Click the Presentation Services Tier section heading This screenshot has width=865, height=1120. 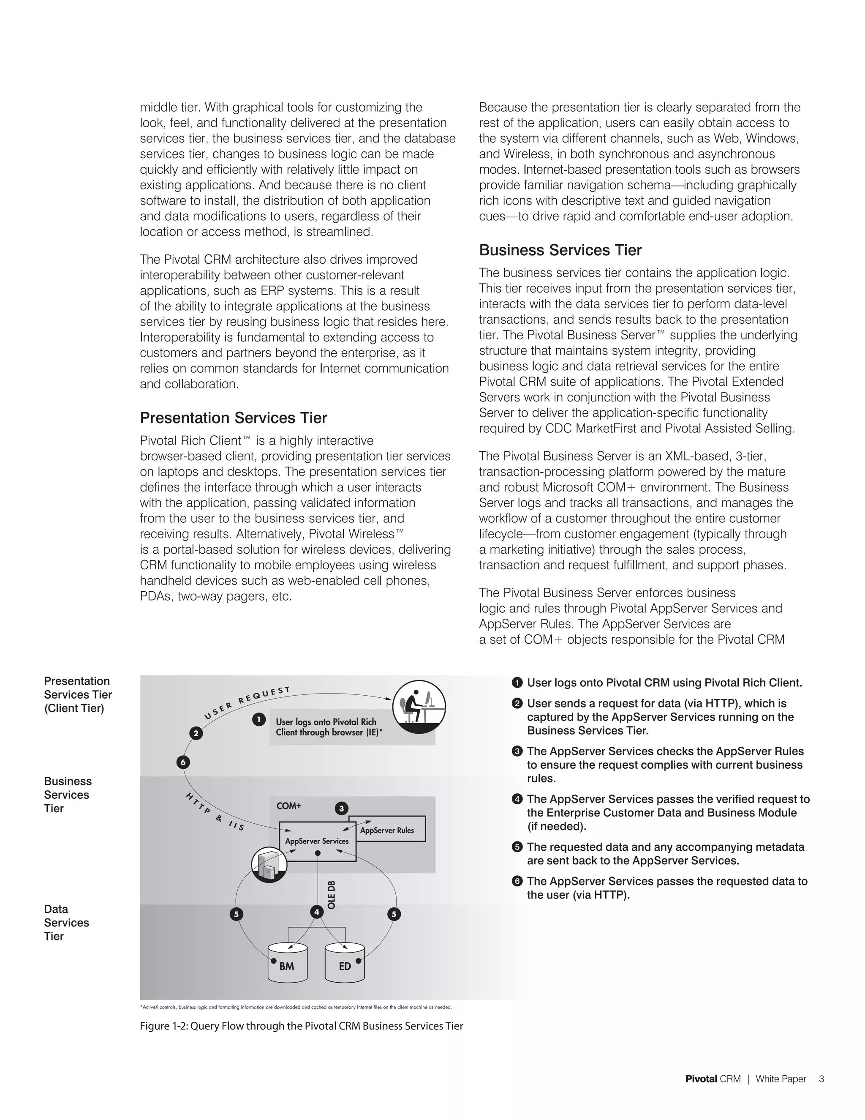[233, 418]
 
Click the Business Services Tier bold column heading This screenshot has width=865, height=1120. [560, 250]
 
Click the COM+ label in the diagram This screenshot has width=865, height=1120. [289, 806]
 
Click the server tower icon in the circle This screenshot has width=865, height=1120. [269, 865]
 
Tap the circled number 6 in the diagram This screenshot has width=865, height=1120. [183, 762]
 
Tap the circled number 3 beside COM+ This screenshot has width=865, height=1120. [342, 809]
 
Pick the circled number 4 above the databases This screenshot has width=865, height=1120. [317, 912]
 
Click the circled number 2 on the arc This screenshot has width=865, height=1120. [196, 733]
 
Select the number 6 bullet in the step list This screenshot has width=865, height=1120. [517, 881]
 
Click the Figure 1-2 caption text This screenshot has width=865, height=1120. [301, 1026]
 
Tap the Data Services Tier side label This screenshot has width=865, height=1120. [66, 922]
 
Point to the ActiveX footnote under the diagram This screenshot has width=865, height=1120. [296, 1007]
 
